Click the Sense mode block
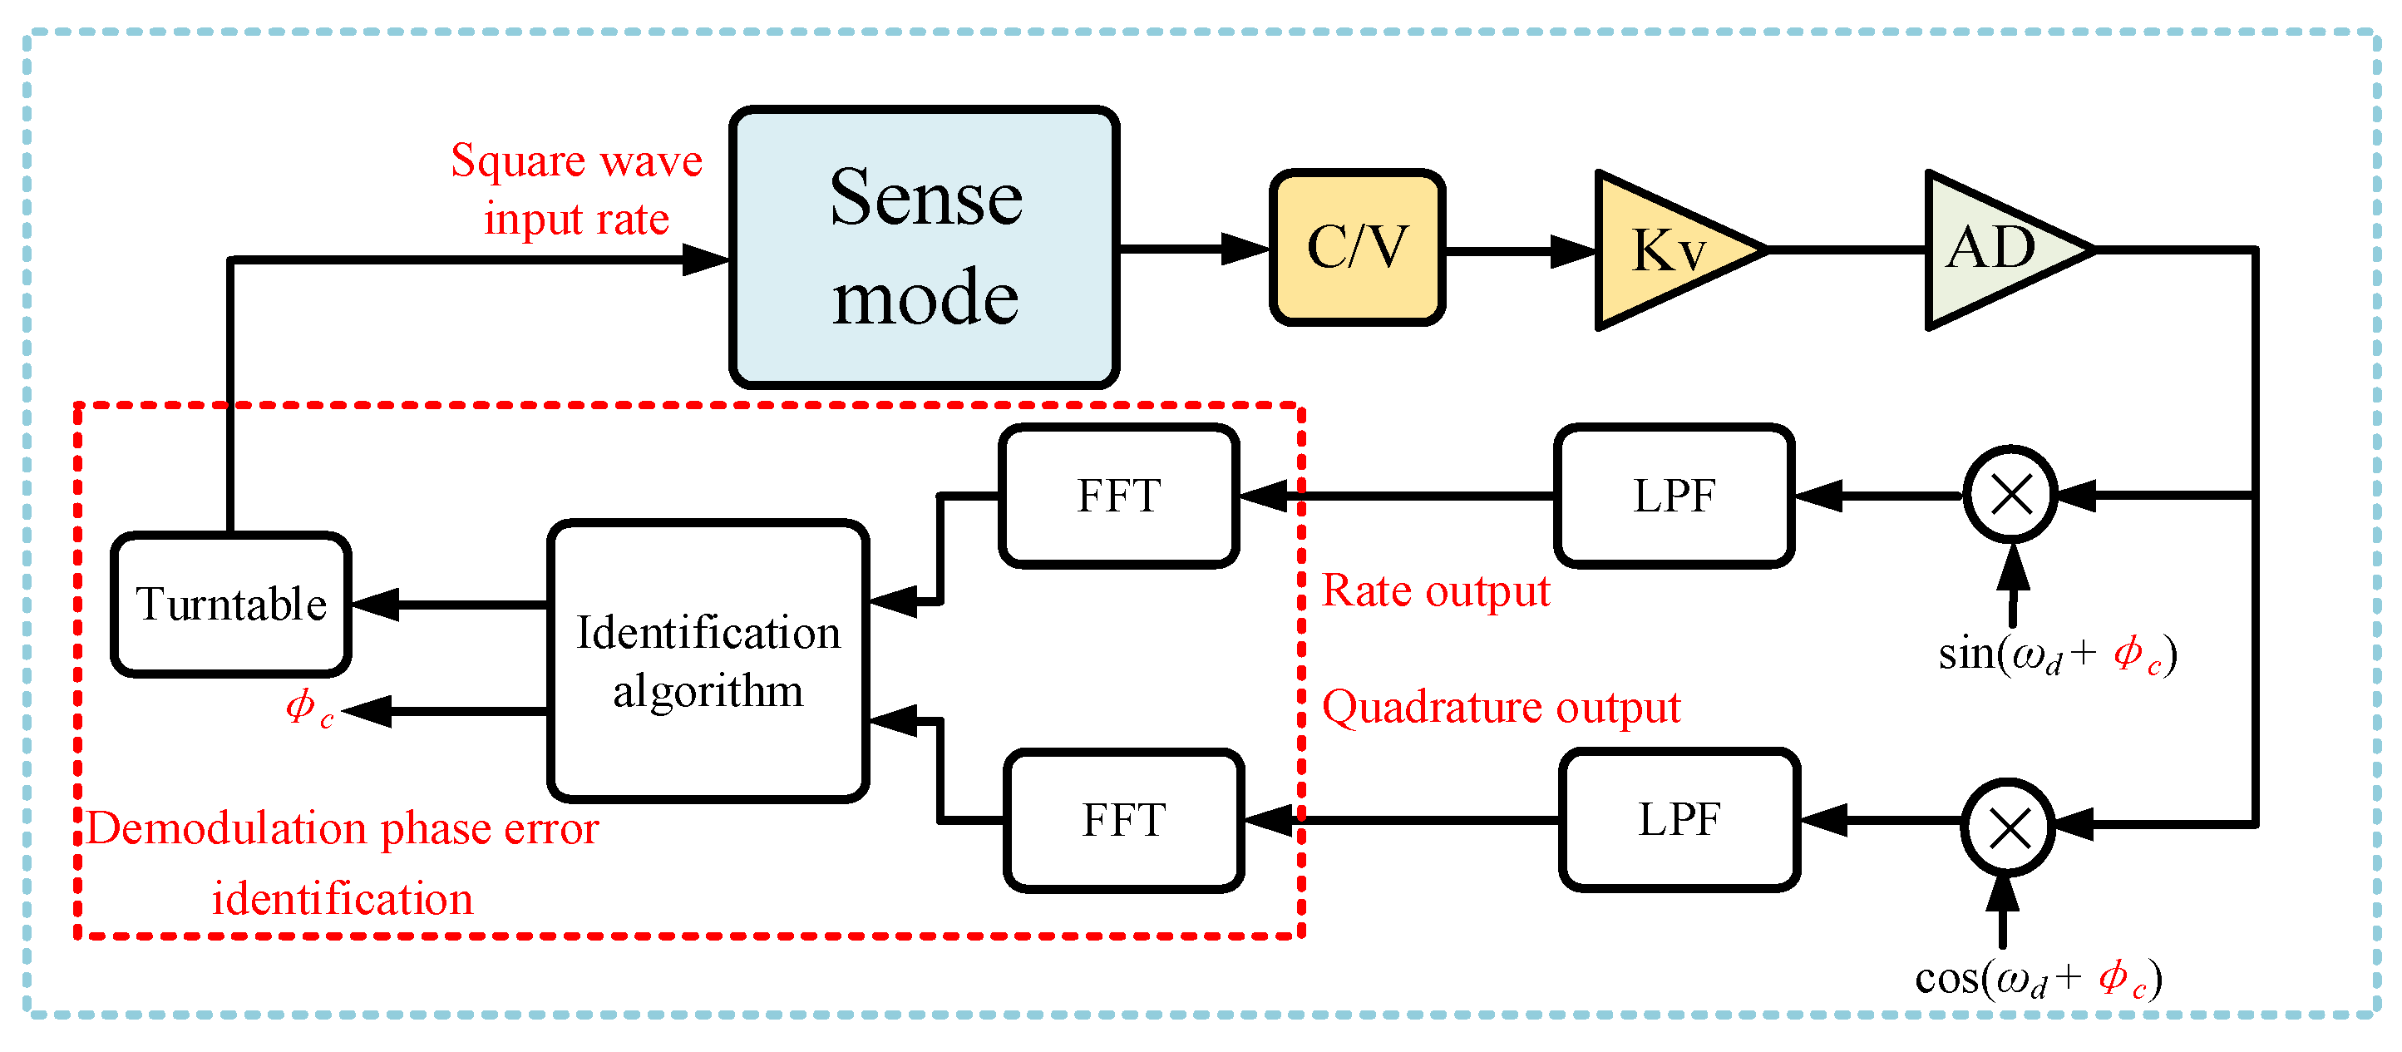click(923, 247)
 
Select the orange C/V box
click(1357, 247)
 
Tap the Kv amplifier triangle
click(1665, 250)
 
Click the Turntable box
click(230, 605)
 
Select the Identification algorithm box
click(708, 660)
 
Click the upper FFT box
click(1118, 495)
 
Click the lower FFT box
click(1123, 820)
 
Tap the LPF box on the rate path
click(1674, 495)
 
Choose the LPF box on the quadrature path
click(1679, 820)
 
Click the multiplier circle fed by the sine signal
click(2010, 494)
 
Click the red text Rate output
click(1435, 591)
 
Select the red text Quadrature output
click(1501, 707)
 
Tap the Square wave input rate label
click(576, 190)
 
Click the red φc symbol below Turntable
click(308, 709)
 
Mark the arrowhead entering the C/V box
click(1245, 249)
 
